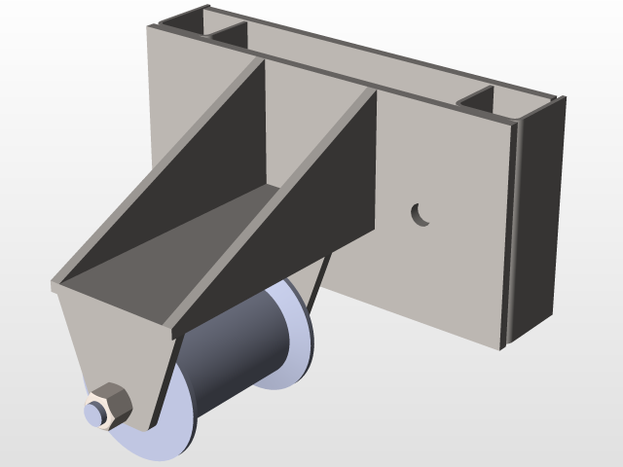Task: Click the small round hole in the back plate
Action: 420,214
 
